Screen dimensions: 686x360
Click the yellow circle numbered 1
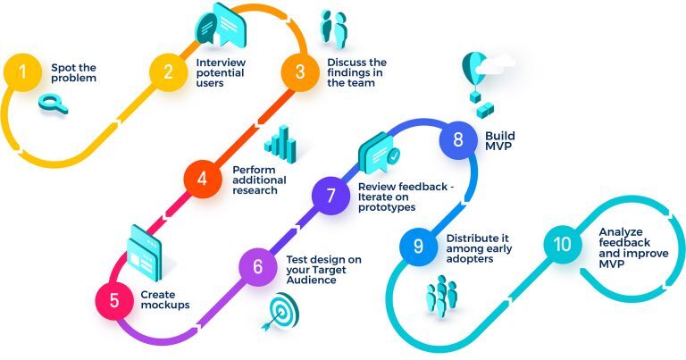(x=22, y=72)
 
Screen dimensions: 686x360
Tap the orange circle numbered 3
(x=300, y=72)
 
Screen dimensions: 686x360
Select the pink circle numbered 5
(x=114, y=300)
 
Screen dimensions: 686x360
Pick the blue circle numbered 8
(x=457, y=140)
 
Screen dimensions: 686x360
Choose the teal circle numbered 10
(x=562, y=244)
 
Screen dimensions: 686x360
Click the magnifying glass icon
(x=53, y=104)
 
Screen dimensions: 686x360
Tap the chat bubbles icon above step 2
(x=221, y=24)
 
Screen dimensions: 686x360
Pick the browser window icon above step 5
(x=145, y=253)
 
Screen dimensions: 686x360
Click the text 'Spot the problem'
(x=73, y=73)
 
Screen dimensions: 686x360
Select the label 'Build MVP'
(x=500, y=141)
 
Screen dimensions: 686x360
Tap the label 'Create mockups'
(x=165, y=299)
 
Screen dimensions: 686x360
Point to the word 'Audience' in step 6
(x=311, y=280)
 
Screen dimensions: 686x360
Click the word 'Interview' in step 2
(x=221, y=63)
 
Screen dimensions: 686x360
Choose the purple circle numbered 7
(x=330, y=196)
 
